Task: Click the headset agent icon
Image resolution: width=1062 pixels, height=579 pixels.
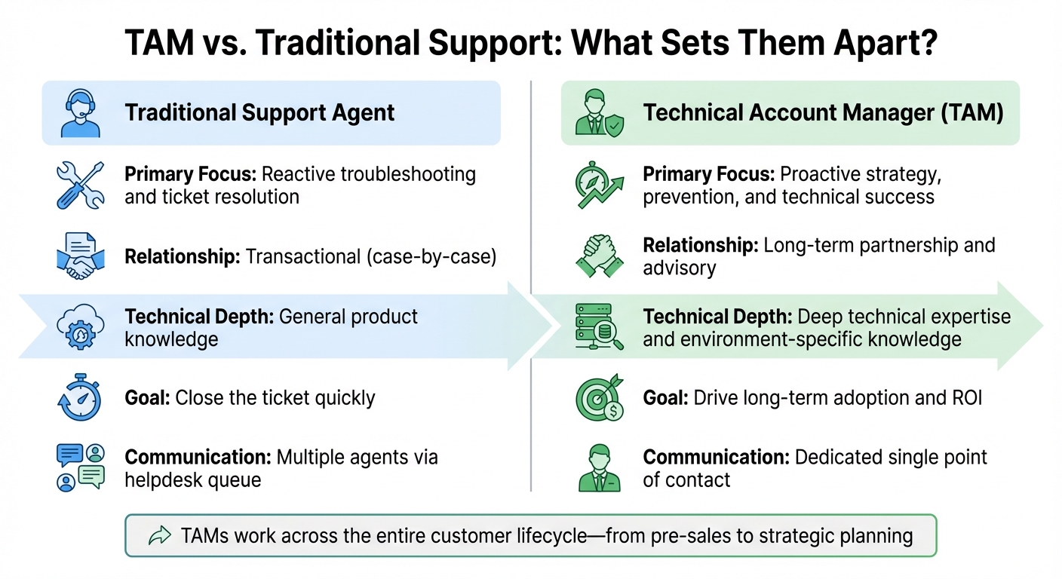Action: (80, 113)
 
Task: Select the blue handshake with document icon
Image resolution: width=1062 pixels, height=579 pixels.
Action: (78, 256)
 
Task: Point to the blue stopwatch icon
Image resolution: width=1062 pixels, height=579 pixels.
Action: (79, 397)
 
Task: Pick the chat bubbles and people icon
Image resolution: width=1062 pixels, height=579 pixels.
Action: (79, 467)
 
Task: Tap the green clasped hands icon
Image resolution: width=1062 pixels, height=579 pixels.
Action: (599, 256)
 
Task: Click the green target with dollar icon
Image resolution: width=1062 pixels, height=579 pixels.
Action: (599, 397)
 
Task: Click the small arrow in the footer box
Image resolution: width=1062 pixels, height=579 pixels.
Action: (159, 536)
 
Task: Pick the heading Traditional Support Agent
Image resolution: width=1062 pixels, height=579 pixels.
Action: (259, 113)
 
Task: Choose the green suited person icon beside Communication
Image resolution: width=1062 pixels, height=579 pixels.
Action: (599, 467)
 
